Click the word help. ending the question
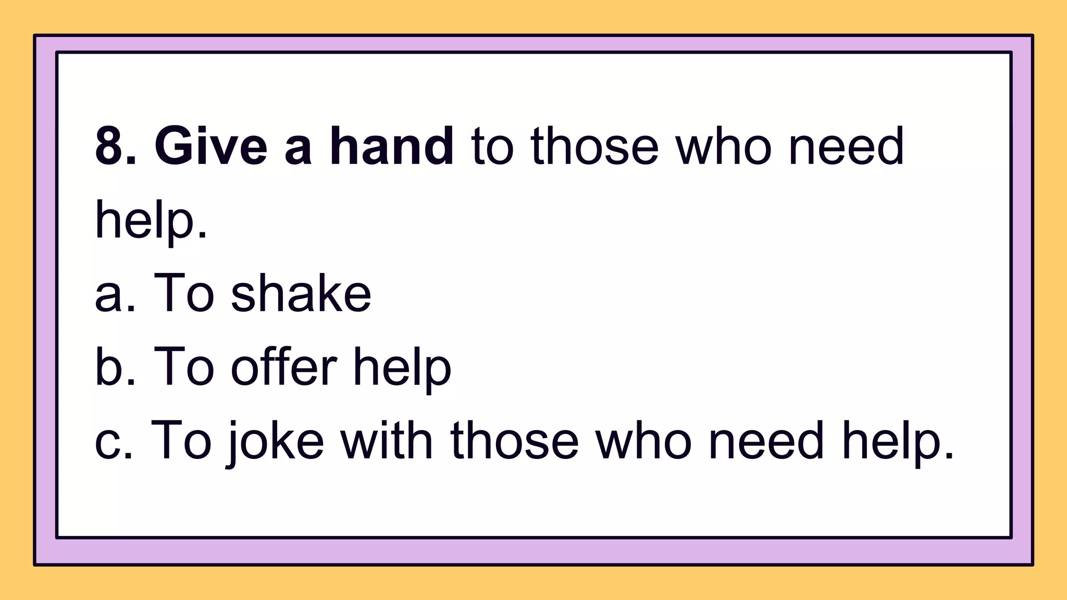pos(151,220)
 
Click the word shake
pos(301,294)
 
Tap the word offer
pos(284,368)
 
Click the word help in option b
pos(402,368)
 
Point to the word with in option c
pos(387,442)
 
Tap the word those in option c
pos(515,442)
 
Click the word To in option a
pos(183,294)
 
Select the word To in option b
pos(183,368)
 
